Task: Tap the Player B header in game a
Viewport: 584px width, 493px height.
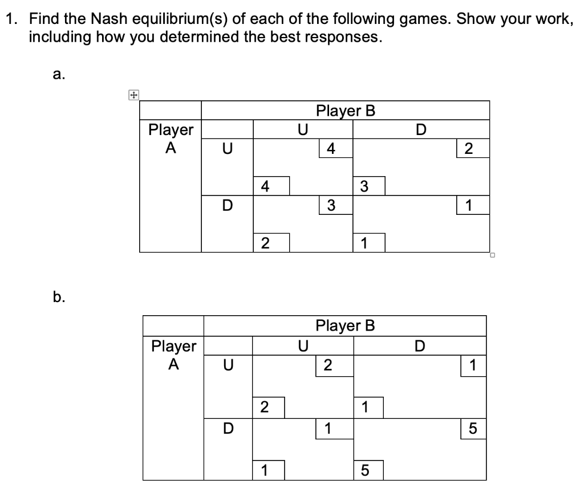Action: tap(345, 110)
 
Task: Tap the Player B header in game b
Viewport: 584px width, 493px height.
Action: tap(345, 325)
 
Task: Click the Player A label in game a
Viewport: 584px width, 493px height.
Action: tap(171, 138)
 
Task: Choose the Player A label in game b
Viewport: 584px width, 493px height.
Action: tap(173, 355)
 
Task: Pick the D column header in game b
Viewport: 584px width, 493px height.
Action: tap(420, 345)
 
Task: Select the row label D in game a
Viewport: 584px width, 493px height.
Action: tap(226, 205)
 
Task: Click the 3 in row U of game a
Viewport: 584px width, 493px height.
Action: tap(364, 185)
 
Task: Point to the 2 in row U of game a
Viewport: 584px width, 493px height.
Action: tap(468, 149)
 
